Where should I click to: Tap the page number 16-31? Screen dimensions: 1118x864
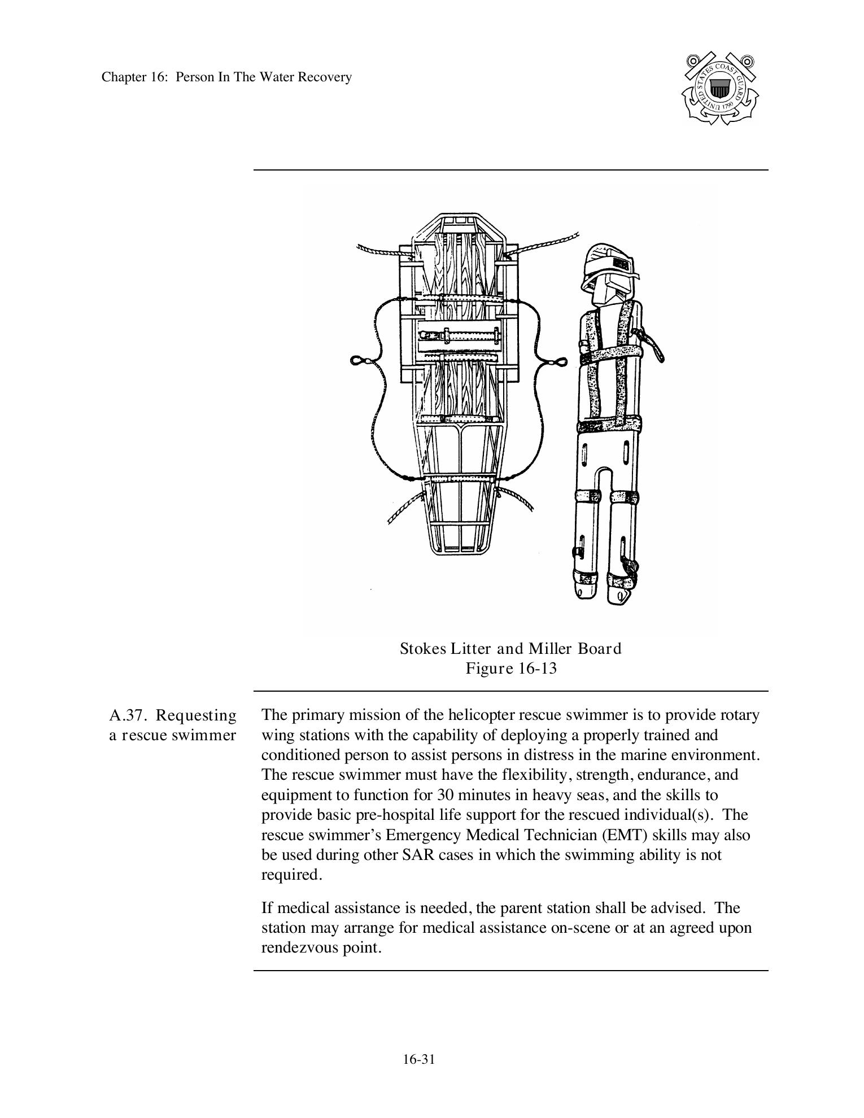[418, 1059]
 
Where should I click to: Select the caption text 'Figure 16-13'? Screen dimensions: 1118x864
[510, 669]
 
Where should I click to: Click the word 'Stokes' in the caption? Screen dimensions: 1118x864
[423, 649]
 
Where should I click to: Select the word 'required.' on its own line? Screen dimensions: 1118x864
[291, 875]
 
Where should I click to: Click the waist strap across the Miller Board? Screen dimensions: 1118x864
[609, 424]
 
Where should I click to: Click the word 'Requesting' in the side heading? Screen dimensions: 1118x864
[196, 715]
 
